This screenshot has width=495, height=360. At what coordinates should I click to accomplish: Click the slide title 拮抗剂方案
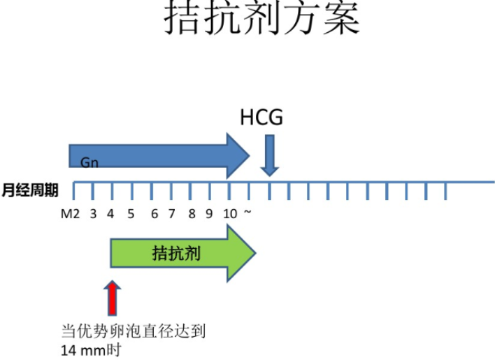coord(262,20)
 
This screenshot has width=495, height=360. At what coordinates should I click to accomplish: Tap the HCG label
coord(261,117)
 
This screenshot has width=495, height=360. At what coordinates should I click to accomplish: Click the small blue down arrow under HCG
coord(270,155)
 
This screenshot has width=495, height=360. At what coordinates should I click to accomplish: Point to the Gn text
coord(89,163)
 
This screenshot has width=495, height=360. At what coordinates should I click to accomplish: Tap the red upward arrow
coord(112,298)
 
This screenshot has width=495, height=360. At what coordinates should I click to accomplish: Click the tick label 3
coord(93,213)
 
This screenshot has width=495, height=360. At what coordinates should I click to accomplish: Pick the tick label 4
coord(110,213)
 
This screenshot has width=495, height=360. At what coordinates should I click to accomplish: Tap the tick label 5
coord(131,213)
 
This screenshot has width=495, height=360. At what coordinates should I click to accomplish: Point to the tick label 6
coord(155,213)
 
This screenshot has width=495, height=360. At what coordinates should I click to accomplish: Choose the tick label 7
coord(171,213)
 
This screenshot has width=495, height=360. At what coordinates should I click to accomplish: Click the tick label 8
coord(192,213)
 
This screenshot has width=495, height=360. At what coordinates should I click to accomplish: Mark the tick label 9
coord(208,213)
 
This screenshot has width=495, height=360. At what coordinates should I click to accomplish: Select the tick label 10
coord(229,213)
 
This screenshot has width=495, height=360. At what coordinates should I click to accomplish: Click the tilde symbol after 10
coord(247,213)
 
